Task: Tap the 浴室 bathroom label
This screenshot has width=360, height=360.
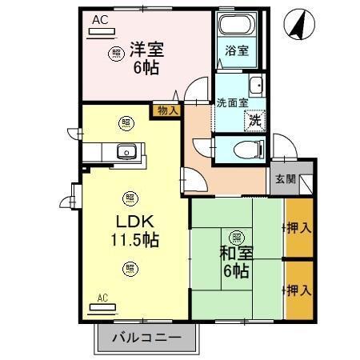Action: (237, 50)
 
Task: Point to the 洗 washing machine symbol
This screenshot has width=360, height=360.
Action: (254, 120)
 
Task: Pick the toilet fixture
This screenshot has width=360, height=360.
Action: (245, 149)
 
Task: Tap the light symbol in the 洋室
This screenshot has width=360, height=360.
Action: (116, 54)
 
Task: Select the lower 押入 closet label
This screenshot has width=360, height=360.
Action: (298, 289)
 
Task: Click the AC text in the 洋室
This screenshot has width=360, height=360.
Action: (98, 19)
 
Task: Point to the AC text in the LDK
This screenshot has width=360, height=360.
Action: (102, 298)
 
